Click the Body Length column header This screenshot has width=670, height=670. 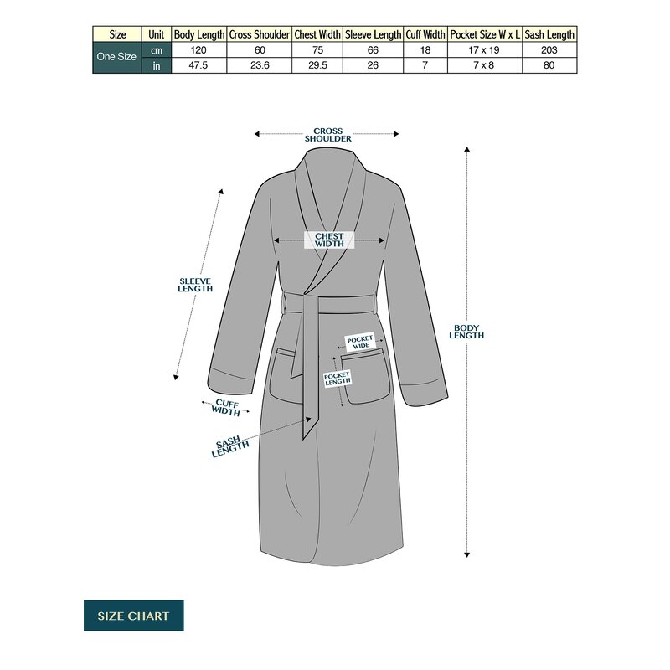(199, 34)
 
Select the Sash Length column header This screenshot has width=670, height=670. (549, 34)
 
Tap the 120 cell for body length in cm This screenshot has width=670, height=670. (198, 50)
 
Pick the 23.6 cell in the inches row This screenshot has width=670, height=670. (260, 65)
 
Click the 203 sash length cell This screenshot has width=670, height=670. (549, 50)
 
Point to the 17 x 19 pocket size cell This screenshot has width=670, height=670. (485, 50)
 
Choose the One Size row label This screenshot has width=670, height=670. (116, 57)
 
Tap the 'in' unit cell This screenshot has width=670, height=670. (157, 66)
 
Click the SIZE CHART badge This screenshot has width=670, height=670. (134, 616)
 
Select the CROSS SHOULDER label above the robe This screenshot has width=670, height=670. (328, 135)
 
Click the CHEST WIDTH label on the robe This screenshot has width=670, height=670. (329, 240)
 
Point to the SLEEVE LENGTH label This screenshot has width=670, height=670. (195, 285)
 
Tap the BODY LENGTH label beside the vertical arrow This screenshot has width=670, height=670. (466, 332)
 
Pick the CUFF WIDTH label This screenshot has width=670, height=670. (226, 407)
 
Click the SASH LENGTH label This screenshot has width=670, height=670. (229, 447)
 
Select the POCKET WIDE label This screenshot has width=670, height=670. (360, 343)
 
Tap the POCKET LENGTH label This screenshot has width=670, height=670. (338, 379)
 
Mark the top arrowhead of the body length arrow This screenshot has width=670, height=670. (467, 149)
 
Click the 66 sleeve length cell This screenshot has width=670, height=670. (373, 50)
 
